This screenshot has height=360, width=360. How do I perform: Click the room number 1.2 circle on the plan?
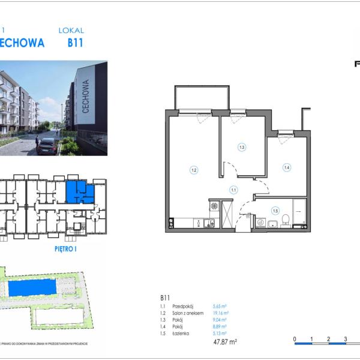(x=194, y=170)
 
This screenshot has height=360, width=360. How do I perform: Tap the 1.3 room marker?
(x=242, y=146)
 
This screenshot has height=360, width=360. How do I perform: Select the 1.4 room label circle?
(x=287, y=167)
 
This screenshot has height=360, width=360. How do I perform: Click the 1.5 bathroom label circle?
(x=275, y=210)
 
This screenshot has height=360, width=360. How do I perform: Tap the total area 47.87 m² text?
(x=225, y=342)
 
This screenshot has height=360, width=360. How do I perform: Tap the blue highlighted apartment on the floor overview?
(x=77, y=191)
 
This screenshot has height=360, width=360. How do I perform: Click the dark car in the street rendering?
(x=47, y=145)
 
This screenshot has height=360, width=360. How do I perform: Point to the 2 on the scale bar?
(x=328, y=339)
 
